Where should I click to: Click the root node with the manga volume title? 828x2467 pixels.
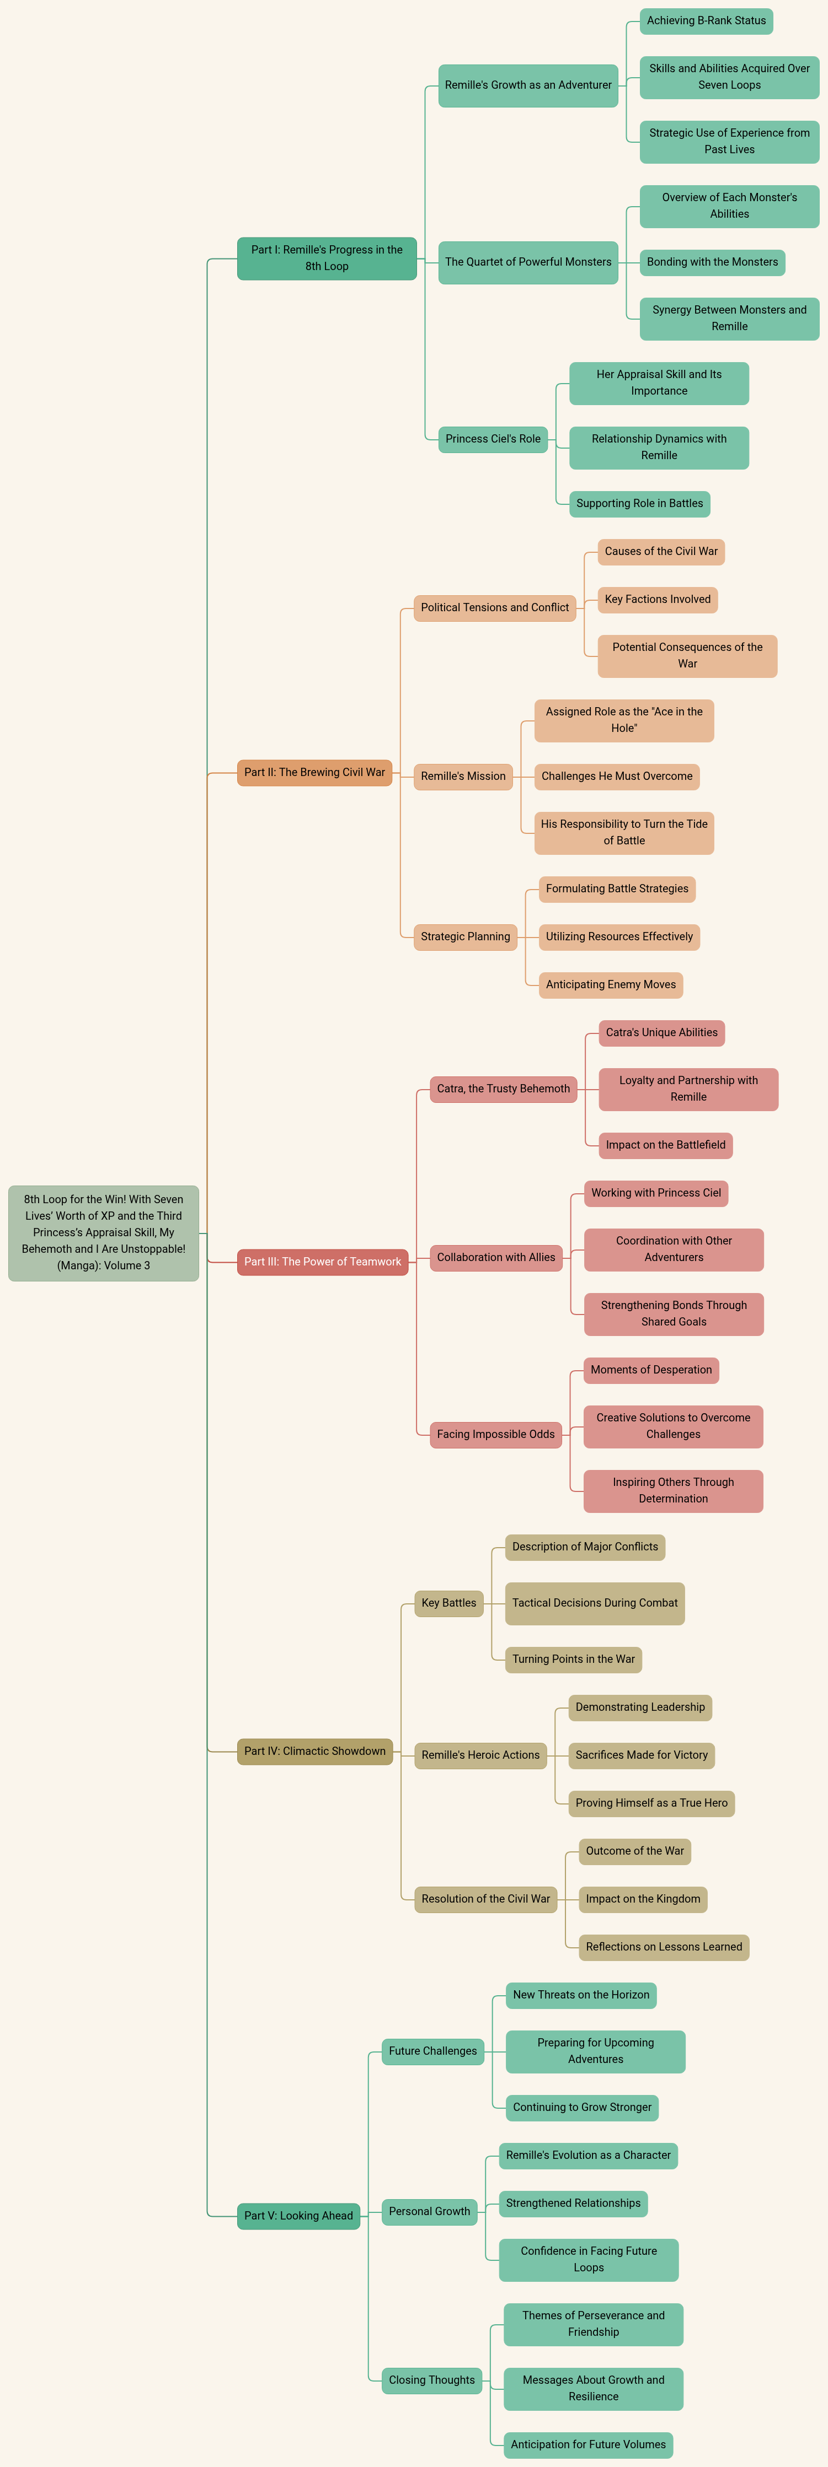coord(104,1232)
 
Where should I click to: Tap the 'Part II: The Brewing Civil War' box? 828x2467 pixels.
coord(314,772)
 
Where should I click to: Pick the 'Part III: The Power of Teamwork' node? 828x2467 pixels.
coord(323,1261)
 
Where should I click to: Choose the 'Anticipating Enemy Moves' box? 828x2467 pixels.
coord(611,984)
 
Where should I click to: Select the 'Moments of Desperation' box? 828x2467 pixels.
coord(651,1370)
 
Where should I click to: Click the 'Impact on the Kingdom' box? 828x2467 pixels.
coord(643,1899)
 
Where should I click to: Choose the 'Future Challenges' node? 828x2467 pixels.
coord(433,2050)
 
